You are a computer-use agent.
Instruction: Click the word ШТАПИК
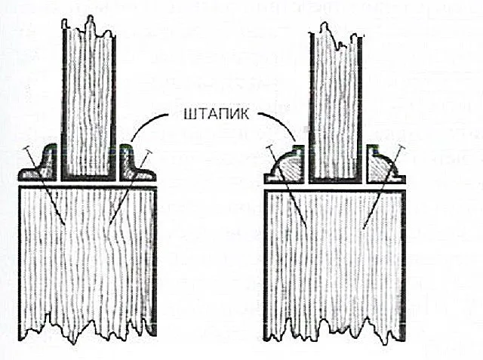click(x=217, y=114)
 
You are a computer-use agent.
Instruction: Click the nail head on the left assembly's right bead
click(x=149, y=152)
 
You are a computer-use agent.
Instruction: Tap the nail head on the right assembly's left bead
click(x=269, y=147)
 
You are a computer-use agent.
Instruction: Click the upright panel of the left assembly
click(x=89, y=102)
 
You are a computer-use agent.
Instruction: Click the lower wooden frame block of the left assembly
click(x=88, y=262)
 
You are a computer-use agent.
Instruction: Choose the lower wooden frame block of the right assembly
click(x=335, y=265)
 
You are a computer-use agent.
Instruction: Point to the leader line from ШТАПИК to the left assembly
click(x=144, y=122)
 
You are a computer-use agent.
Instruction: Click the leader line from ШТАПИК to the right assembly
click(x=281, y=122)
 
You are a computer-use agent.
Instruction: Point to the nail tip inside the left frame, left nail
click(x=64, y=224)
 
